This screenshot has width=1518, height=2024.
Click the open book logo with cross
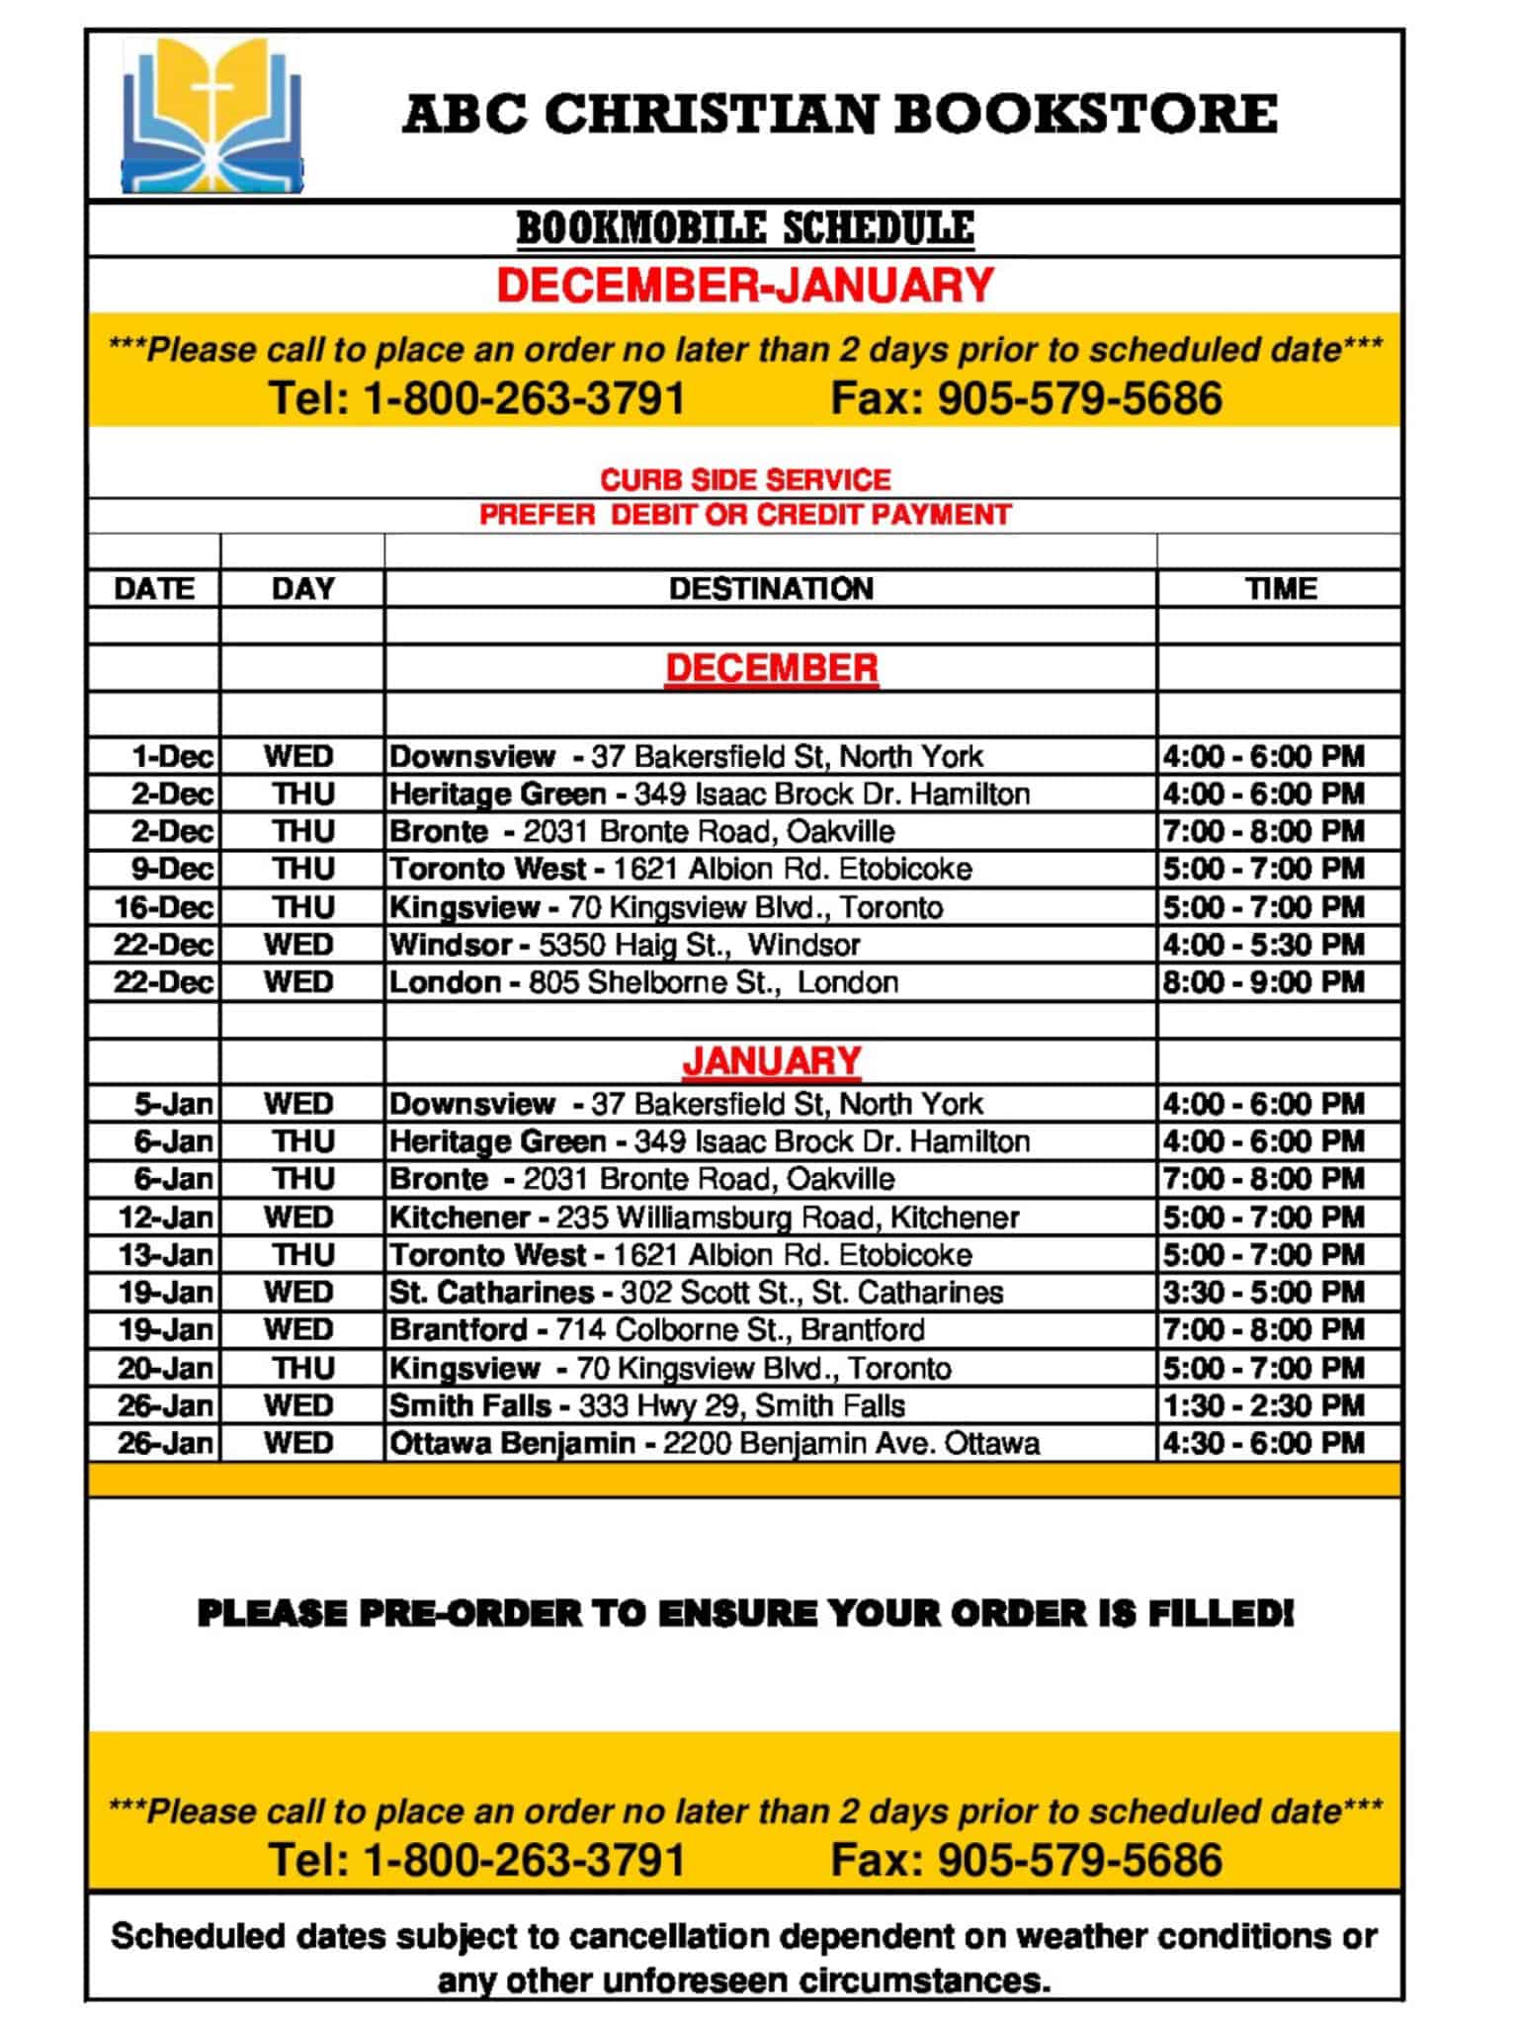pos(211,116)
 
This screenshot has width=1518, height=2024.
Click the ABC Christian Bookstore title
pos(840,114)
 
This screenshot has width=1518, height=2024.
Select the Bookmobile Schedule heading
pos(745,228)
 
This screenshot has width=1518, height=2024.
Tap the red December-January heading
pos(745,286)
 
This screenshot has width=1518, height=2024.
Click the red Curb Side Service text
pos(745,480)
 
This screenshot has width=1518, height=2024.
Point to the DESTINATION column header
pos(771,589)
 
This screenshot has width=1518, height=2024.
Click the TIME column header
pos(1281,589)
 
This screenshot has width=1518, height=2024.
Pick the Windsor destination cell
pos(625,945)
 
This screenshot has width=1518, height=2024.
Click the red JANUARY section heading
pos(771,1061)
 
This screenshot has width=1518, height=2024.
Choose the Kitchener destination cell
pos(704,1218)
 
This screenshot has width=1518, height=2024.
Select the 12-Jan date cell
pos(165,1218)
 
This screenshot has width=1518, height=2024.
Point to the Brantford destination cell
pos(656,1330)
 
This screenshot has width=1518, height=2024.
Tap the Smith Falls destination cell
pos(646,1406)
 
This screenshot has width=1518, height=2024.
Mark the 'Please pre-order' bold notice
pos(745,1614)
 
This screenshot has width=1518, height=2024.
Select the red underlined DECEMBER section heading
pos(771,668)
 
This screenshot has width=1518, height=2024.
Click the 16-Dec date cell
pos(163,907)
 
